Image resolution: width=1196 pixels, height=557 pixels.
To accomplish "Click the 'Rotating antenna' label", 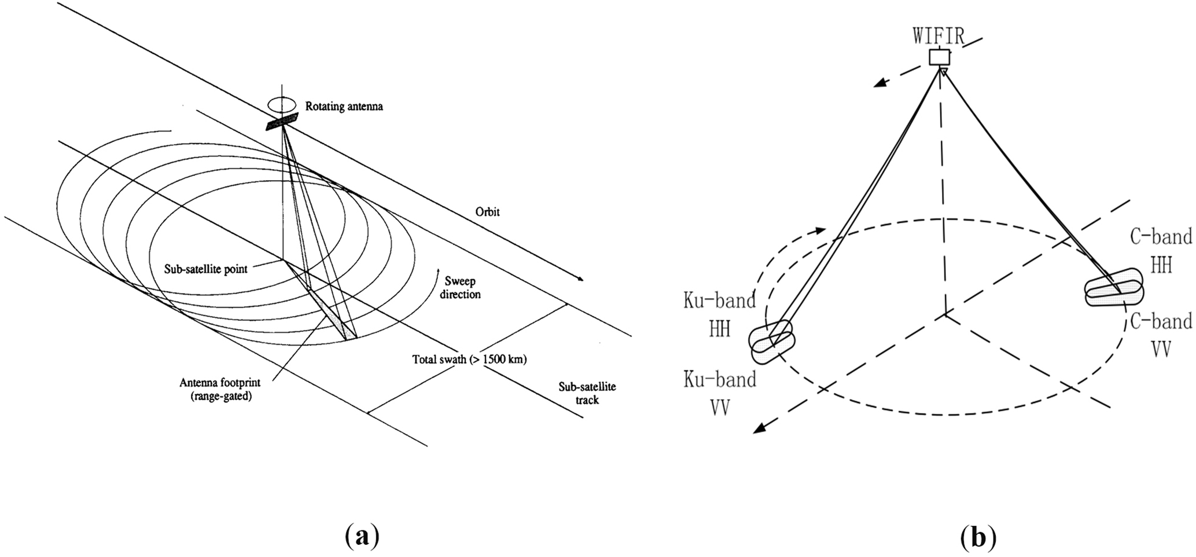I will pos(344,107).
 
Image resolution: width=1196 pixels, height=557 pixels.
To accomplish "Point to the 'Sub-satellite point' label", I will pos(206,269).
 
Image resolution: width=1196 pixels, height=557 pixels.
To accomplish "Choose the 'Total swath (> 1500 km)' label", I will pos(469,359).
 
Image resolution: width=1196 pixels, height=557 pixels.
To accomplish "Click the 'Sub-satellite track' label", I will pos(587,393).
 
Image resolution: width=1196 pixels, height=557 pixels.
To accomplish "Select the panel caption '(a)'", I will pos(363,537).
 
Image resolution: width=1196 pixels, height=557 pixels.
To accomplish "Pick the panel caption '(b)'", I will pos(978,537).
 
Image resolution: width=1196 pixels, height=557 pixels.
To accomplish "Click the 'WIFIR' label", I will pos(939,36).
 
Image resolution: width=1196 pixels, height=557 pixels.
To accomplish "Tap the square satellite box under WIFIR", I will pos(940,57).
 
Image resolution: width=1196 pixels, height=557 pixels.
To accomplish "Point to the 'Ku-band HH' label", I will pos(720,315).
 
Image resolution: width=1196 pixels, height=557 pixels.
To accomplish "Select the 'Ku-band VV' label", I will pos(720,394).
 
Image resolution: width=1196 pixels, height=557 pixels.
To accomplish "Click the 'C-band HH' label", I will pos(1161,251).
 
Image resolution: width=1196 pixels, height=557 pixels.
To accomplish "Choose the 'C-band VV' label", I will pos(1161,335).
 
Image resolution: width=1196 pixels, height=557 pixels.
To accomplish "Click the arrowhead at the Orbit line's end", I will pos(580,278).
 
